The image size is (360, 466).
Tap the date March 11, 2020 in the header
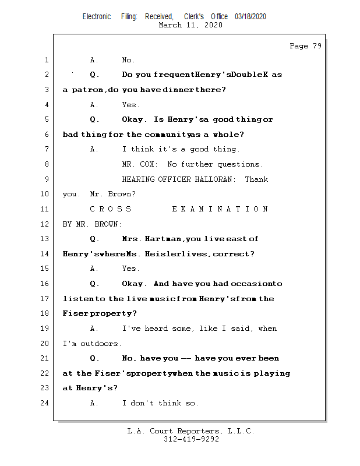click(x=190, y=25)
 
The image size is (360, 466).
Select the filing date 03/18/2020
click(x=250, y=17)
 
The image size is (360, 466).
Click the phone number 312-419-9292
click(x=191, y=439)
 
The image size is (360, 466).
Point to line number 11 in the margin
click(x=46, y=209)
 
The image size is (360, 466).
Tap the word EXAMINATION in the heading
click(x=220, y=209)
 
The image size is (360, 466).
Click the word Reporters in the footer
click(x=196, y=431)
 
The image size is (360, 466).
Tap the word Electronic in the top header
click(x=97, y=17)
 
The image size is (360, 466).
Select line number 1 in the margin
click(x=46, y=60)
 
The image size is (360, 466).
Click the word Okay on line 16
click(x=133, y=284)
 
